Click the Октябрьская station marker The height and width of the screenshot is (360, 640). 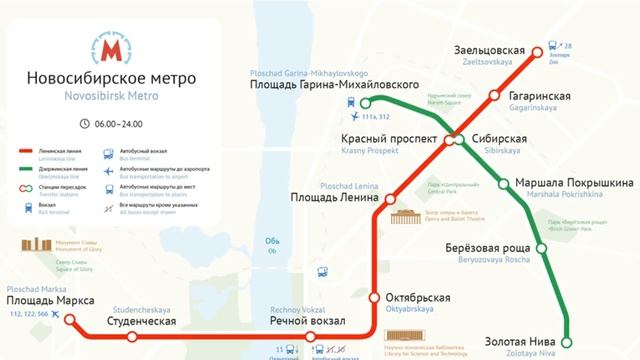374,298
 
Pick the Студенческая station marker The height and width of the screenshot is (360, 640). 132,336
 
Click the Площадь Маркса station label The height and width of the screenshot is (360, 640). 50,301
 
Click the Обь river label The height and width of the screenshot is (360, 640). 271,240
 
